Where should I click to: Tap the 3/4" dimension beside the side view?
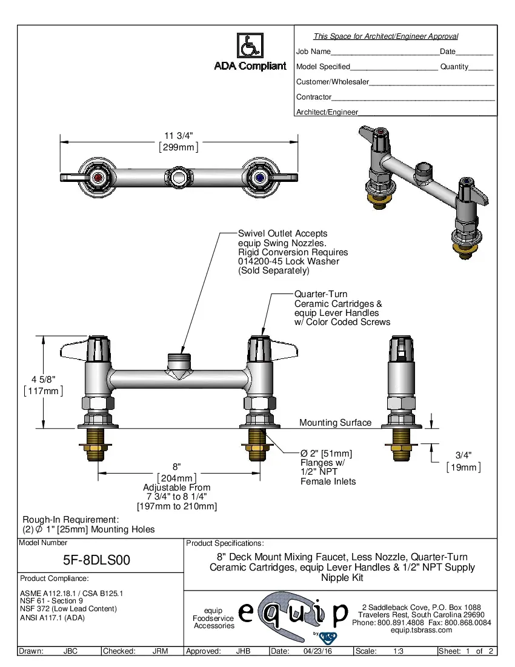[463, 455]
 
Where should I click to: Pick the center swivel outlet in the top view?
[178, 177]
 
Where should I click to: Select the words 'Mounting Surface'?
[335, 423]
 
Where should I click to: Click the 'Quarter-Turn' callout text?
[321, 294]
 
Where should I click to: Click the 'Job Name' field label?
[313, 52]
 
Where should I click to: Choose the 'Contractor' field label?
[314, 97]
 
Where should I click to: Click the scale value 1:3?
[399, 651]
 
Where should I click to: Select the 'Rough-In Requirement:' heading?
[70, 520]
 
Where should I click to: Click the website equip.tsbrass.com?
[422, 630]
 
